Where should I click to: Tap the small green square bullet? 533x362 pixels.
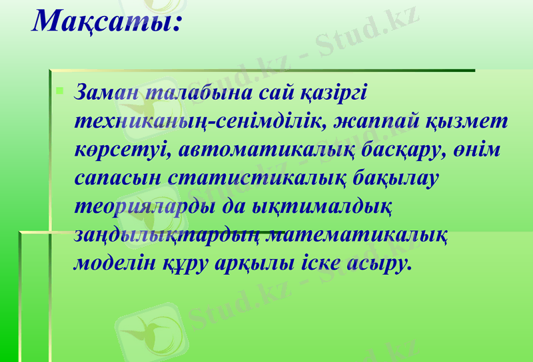tap(60, 88)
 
